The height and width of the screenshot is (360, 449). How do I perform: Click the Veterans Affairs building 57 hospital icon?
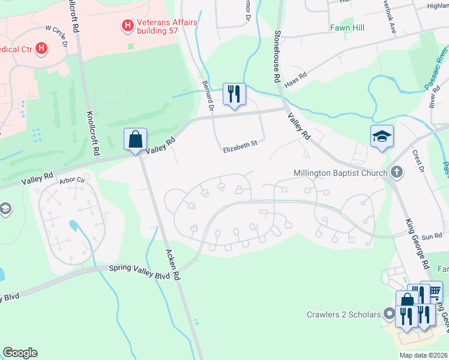pyautogui.click(x=127, y=25)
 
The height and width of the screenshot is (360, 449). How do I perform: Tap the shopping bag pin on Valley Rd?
pyautogui.click(x=136, y=139)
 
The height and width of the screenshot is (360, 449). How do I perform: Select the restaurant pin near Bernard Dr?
pyautogui.click(x=234, y=94)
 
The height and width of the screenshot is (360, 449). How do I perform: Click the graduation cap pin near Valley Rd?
pyautogui.click(x=382, y=136)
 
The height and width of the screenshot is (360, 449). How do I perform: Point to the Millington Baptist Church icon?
pyautogui.click(x=396, y=173)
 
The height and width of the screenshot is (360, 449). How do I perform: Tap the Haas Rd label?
pyautogui.click(x=296, y=79)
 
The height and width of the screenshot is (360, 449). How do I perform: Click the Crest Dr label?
pyautogui.click(x=418, y=160)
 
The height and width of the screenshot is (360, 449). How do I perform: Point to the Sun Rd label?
pyautogui.click(x=434, y=236)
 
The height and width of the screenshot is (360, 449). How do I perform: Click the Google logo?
pyautogui.click(x=20, y=353)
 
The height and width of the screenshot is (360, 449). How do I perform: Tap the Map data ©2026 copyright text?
pyautogui.click(x=423, y=355)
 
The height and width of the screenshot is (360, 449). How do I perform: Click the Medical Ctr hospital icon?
pyautogui.click(x=41, y=48)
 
